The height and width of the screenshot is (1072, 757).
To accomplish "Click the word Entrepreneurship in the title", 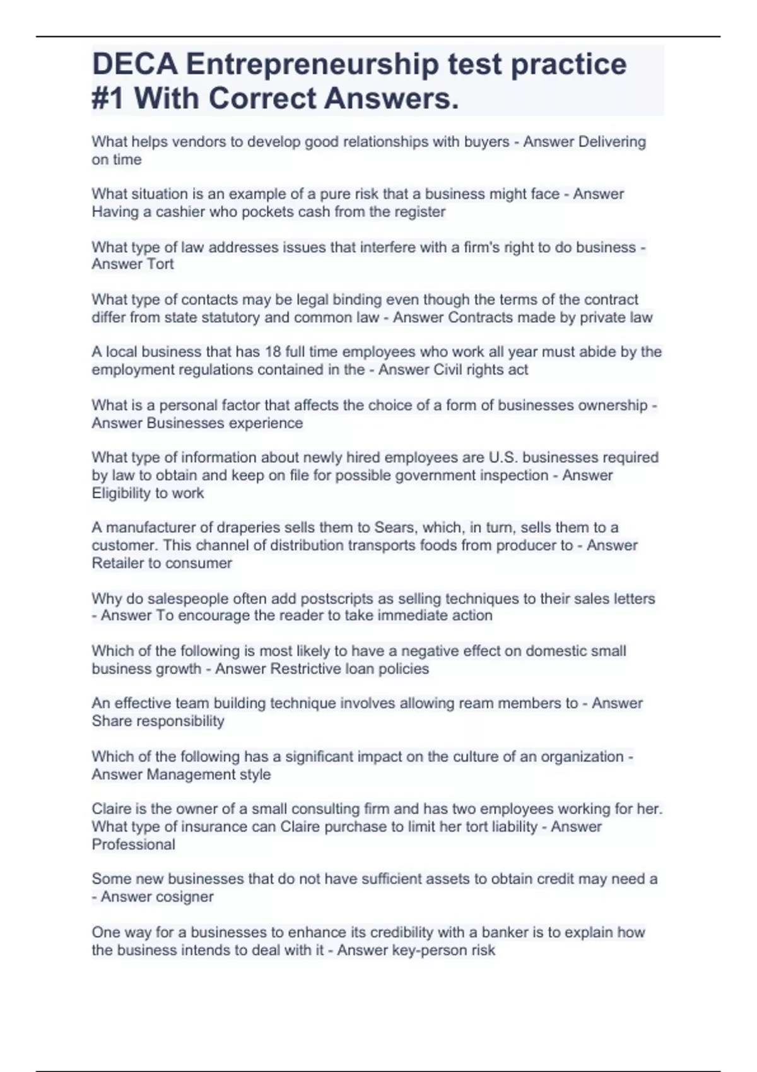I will pos(312,64).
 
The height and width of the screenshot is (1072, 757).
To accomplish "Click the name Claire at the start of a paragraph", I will pos(111,808).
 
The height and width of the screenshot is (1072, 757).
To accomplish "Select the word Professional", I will pos(133,844).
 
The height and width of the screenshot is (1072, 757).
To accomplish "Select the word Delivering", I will pos(611,142).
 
